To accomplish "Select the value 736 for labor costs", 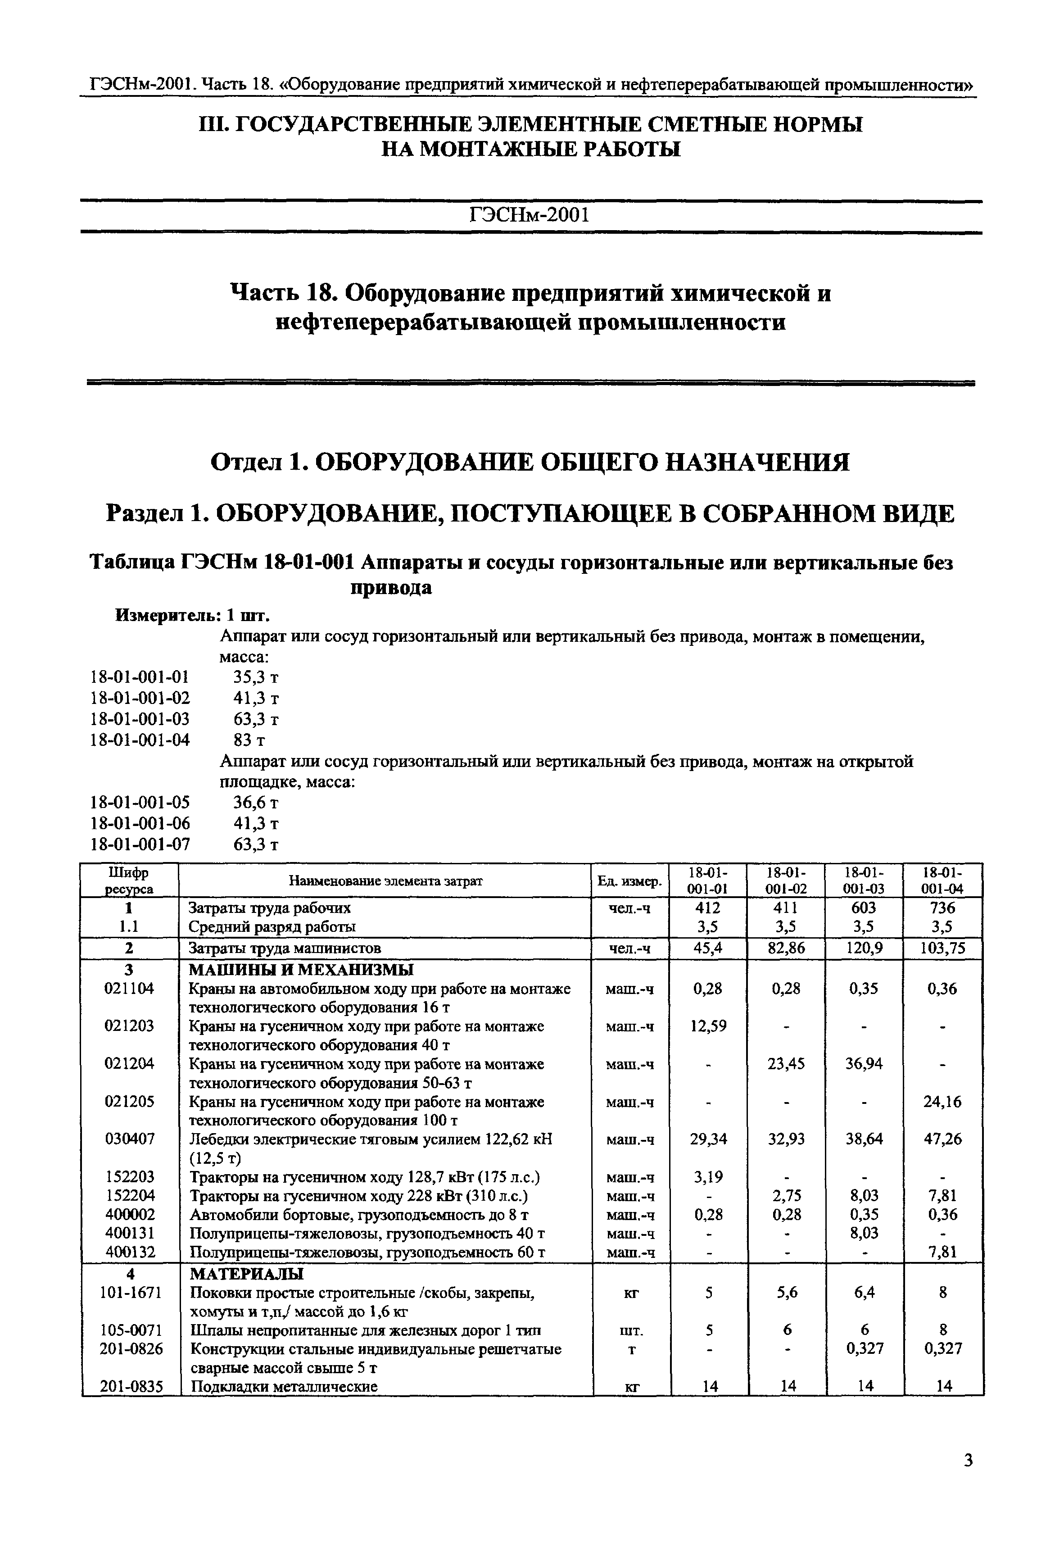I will pos(943,908).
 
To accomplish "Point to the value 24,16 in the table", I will pos(943,1102).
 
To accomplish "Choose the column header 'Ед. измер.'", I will pos(630,881).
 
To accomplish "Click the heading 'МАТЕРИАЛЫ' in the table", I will pos(247,1274).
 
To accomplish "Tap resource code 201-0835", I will pos(131,1386).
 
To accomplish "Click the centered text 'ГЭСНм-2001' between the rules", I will pos(531,215).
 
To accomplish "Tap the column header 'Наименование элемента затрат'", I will pos(385,881).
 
